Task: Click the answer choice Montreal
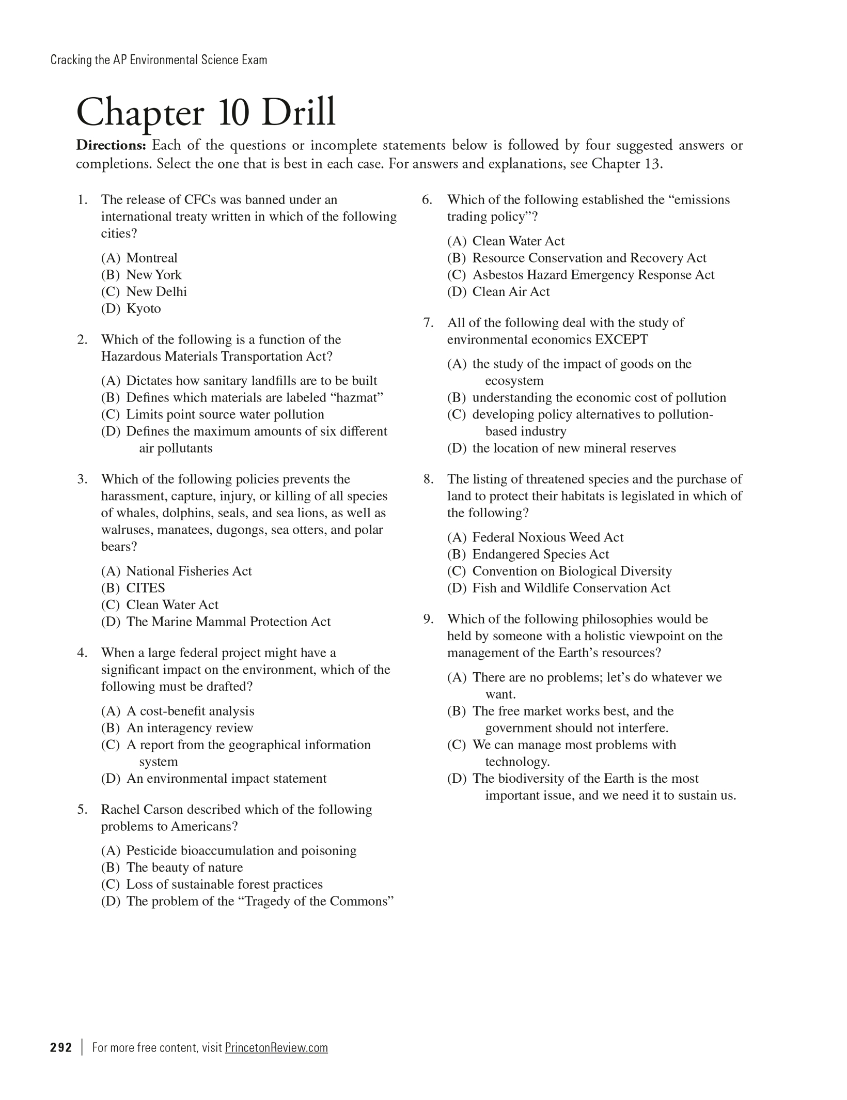click(151, 258)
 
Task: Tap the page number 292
click(61, 1047)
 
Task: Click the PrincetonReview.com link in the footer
click(276, 1047)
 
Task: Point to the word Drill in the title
click(299, 112)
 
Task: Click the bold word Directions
click(112, 146)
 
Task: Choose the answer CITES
click(145, 588)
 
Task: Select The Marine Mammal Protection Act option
click(228, 622)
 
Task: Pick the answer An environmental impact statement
click(226, 778)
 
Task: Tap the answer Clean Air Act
click(511, 292)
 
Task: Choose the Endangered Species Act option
click(540, 554)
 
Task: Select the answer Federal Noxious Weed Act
click(547, 537)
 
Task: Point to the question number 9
click(428, 619)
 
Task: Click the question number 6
click(427, 200)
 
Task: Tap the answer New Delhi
click(156, 292)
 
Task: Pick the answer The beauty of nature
click(184, 867)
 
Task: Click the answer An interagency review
click(190, 728)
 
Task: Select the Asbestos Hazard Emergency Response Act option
click(593, 275)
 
